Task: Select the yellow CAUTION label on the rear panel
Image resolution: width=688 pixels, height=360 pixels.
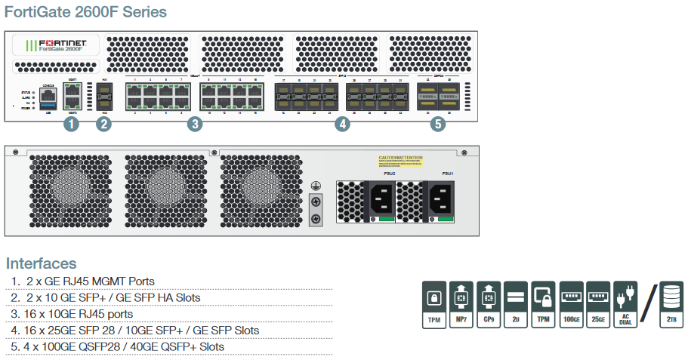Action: coord(400,161)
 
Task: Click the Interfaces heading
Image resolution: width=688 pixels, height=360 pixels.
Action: coord(42,263)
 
